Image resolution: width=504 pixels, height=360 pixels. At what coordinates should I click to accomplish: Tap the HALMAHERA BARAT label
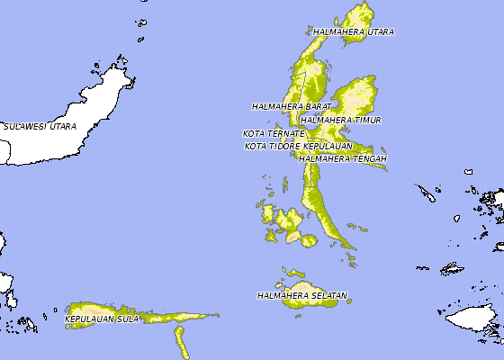285,106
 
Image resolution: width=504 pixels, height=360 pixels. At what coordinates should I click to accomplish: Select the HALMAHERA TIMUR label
341,120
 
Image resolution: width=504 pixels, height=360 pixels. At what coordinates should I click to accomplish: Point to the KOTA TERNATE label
274,134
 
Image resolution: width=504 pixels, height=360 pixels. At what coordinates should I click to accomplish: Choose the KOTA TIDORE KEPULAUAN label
298,146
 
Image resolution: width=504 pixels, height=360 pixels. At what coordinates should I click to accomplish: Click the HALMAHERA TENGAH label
343,159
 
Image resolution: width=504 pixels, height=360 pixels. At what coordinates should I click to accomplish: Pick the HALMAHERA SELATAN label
301,296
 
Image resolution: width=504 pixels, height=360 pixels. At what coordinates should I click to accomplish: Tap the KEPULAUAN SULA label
102,319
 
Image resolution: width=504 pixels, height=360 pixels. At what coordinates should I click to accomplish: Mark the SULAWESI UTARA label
40,127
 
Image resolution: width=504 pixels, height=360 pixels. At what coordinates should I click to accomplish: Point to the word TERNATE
285,134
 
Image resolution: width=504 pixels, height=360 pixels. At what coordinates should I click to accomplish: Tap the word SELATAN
328,296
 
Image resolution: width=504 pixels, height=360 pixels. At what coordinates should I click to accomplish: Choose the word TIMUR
367,120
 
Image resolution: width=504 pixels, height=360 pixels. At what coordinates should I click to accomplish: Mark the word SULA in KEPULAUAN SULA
128,319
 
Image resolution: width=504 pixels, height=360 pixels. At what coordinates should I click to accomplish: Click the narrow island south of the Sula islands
179,341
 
